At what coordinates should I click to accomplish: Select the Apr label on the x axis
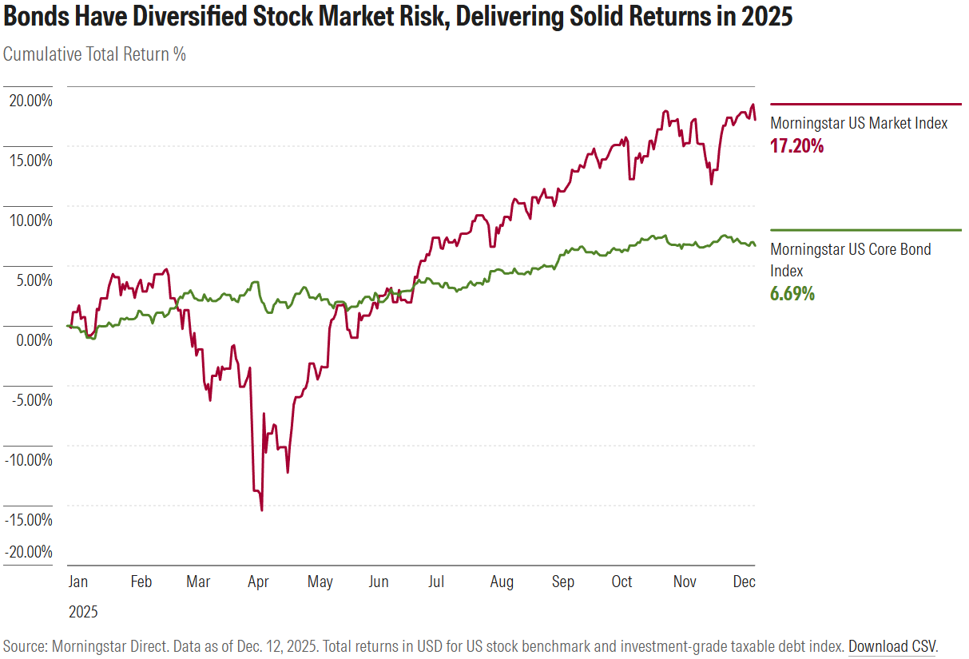click(258, 582)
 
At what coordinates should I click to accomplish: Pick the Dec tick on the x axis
click(744, 582)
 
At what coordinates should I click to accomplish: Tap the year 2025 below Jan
click(83, 613)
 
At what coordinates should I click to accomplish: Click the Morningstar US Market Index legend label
click(859, 123)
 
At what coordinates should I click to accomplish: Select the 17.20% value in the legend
click(796, 146)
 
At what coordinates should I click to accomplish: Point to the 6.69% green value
click(792, 294)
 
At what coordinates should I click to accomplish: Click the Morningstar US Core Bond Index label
click(850, 260)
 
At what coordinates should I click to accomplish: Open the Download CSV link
click(892, 645)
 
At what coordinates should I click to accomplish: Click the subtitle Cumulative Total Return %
click(94, 54)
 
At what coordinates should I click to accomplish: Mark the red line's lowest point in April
click(262, 510)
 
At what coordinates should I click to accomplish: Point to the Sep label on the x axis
click(563, 582)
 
